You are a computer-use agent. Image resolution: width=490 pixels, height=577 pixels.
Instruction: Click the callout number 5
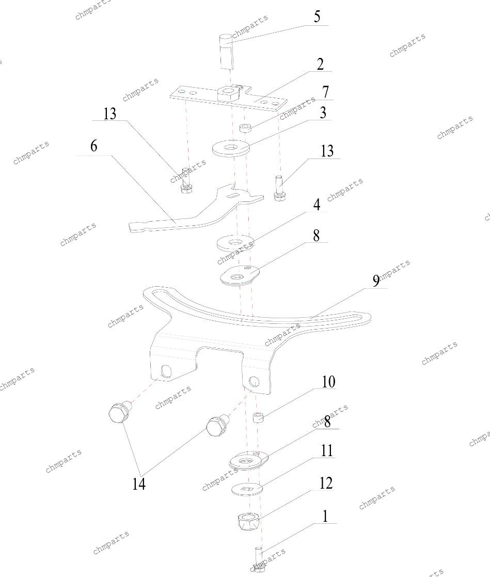[317, 17]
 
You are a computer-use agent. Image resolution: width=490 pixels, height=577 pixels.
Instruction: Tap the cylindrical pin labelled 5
[226, 52]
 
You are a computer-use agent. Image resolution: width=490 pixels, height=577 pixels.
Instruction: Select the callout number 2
[321, 65]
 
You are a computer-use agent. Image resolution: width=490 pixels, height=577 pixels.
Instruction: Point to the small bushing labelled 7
[245, 129]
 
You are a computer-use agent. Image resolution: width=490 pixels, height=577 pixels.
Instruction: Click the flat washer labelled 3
[231, 148]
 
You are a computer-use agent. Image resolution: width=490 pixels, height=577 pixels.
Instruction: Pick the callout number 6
[94, 146]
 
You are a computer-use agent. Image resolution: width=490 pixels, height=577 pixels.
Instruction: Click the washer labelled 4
[235, 243]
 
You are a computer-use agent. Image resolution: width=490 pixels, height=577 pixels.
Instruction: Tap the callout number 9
[376, 281]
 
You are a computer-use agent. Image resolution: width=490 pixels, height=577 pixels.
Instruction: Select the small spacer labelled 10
[258, 417]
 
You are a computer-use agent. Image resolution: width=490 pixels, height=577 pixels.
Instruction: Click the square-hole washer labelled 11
[247, 489]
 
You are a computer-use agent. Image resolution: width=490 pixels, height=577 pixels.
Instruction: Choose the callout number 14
[139, 484]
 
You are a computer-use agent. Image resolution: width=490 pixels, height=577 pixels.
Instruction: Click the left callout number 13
[109, 114]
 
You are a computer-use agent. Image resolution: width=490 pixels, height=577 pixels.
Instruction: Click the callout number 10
[328, 382]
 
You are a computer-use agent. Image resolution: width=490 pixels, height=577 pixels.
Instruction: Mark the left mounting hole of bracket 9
[166, 371]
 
